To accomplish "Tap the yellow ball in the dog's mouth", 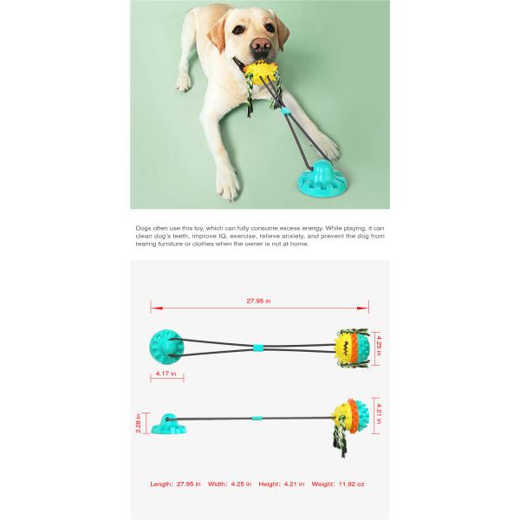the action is pos(260,74).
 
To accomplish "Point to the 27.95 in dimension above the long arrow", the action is pos(258,301).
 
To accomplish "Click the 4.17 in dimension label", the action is pos(166,374).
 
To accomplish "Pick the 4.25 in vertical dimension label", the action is pos(379,346).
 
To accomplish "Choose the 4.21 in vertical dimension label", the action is pos(379,413).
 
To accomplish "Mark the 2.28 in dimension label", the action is pos(139,423).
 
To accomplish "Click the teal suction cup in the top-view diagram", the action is pos(166,347).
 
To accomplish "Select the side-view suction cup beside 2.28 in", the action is pos(168,424).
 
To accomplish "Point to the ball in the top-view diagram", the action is pos(352,348).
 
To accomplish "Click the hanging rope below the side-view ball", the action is pos(341,439).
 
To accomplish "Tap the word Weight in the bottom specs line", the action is pos(323,484).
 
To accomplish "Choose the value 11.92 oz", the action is pos(351,484).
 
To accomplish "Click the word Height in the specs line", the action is pos(270,484).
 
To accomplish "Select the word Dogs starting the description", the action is pos(143,229).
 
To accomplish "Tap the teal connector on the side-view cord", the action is pos(256,419).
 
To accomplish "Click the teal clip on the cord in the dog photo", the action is pos(284,112).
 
